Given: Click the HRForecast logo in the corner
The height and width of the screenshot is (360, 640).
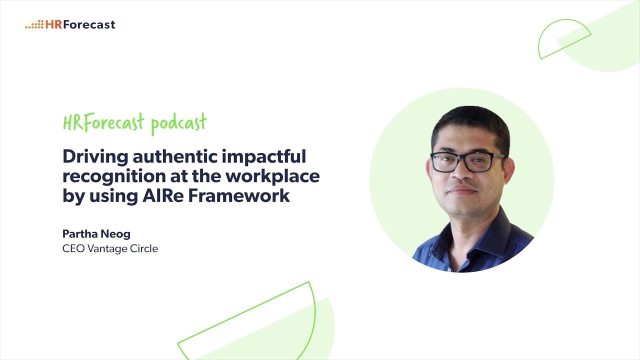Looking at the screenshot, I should (70, 24).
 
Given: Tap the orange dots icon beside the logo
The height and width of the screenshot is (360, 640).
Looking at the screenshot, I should (34, 24).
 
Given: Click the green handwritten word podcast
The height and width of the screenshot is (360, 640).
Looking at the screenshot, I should (178, 123).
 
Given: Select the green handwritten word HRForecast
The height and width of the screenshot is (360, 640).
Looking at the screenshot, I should (103, 122).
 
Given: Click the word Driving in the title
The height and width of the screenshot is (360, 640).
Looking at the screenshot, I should (94, 157).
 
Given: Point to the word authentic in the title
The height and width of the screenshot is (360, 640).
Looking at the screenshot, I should (168, 157).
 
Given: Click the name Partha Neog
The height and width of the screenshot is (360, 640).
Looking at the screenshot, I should (96, 234).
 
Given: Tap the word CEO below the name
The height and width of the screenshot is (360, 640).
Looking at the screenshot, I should (73, 248).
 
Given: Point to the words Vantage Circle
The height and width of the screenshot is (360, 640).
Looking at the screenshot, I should (122, 248).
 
